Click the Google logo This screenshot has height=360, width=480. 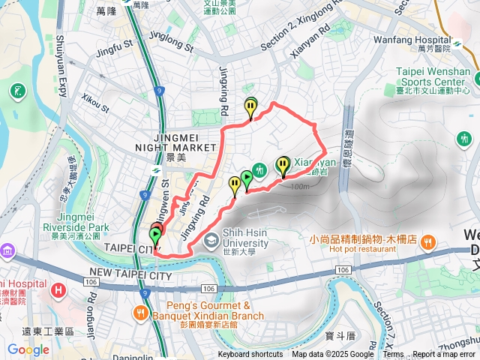28,349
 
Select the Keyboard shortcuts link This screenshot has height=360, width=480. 250,355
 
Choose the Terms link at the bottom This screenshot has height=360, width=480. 393,355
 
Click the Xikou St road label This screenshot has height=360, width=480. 95,102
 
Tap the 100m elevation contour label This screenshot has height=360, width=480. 298,187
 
